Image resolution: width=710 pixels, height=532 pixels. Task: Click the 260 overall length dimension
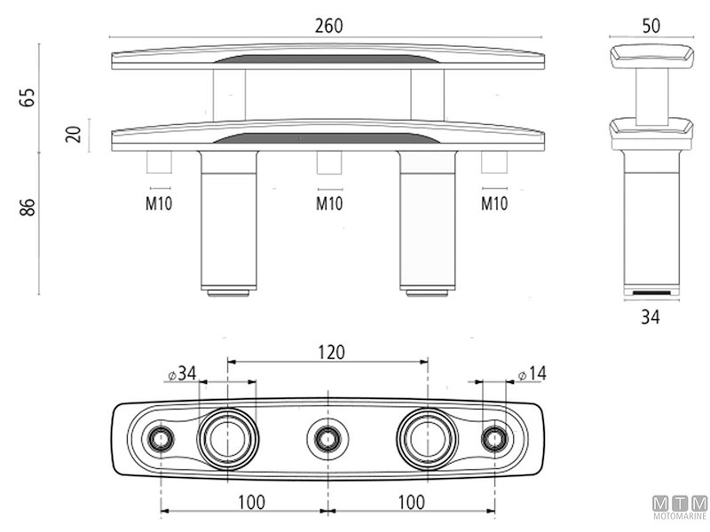tap(328, 26)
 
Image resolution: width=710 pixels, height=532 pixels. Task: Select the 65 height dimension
tap(28, 97)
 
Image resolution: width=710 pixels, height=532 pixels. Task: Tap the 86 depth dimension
tap(28, 207)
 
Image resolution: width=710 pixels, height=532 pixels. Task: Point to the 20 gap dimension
tap(74, 135)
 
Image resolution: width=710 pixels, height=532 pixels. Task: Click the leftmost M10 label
tap(160, 204)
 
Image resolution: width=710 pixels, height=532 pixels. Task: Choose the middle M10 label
tap(329, 204)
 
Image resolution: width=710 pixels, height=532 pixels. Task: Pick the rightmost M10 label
tap(494, 204)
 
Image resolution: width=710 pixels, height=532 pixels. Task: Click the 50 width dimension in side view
tap(651, 26)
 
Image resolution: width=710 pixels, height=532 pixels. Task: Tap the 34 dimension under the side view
tap(651, 315)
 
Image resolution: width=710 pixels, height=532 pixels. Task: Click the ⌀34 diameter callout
tap(181, 374)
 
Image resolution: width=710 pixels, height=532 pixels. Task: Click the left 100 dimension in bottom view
tap(251, 502)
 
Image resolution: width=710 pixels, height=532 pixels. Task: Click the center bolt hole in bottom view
tap(327, 438)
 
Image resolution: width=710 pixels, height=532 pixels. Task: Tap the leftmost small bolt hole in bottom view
tap(161, 438)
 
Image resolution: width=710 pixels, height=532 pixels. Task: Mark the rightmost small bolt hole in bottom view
tap(494, 438)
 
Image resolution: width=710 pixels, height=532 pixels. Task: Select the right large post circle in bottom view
tap(427, 438)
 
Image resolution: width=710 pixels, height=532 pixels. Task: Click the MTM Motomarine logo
tap(679, 506)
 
